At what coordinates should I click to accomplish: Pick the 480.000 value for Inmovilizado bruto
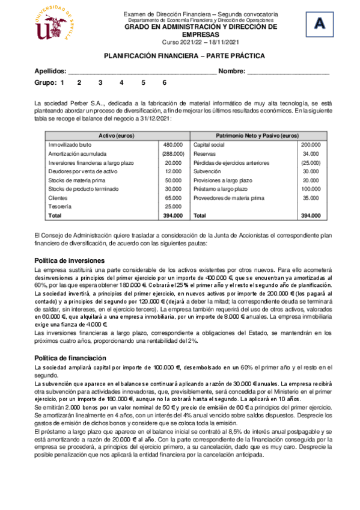[x=173, y=145]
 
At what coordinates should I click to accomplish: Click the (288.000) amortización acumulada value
[x=172, y=154]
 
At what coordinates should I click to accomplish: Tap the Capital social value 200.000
[x=311, y=145]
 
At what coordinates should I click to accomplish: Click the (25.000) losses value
[x=311, y=162]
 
